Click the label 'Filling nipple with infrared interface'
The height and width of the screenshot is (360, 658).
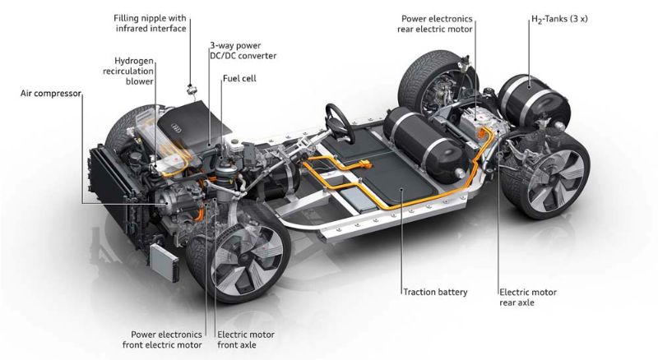(x=150, y=24)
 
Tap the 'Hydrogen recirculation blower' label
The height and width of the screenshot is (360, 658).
(x=128, y=71)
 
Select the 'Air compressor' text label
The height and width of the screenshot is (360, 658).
(x=50, y=93)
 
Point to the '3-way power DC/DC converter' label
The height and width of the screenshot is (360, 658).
(x=243, y=50)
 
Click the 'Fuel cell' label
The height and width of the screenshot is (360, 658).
(x=239, y=78)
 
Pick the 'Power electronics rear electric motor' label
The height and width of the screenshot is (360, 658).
(x=435, y=24)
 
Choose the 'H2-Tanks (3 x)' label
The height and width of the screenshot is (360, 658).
(x=559, y=19)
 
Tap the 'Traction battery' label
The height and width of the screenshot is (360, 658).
(x=435, y=292)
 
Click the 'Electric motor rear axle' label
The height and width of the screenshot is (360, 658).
(x=528, y=297)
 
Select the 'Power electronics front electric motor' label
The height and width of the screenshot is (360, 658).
(x=162, y=339)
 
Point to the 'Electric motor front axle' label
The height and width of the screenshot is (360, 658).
(x=245, y=339)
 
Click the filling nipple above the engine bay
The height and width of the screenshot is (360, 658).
(x=192, y=90)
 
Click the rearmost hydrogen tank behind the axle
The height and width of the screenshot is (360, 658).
(x=534, y=101)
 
